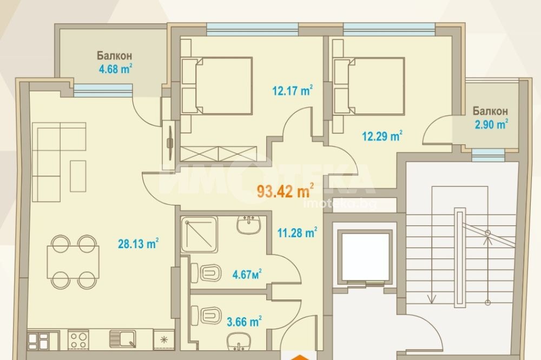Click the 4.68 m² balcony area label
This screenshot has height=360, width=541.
click(115, 69)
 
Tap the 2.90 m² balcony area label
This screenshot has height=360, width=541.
click(491, 124)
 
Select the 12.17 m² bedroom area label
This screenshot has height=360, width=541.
click(293, 91)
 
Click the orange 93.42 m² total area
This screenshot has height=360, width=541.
click(286, 191)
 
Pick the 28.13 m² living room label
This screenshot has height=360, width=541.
click(138, 244)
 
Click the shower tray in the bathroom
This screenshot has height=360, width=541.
click(200, 235)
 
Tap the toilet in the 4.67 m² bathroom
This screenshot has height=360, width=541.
click(206, 272)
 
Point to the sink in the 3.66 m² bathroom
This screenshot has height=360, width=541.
click(239, 342)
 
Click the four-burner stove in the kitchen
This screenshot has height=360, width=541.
click(78, 339)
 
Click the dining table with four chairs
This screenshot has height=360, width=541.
click(74, 262)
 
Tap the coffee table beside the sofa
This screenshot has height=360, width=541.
click(78, 176)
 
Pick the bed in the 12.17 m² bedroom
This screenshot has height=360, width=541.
click(223, 86)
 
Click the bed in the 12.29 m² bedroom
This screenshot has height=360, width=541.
click(376, 86)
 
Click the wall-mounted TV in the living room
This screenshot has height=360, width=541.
click(170, 143)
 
